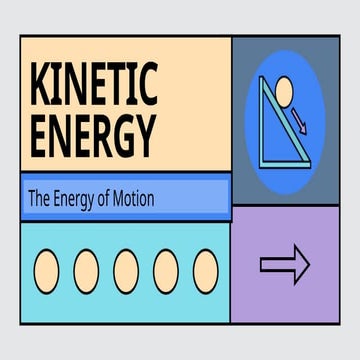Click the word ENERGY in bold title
[94, 133]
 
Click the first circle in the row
[47, 268]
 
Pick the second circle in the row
[87, 268]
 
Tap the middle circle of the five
[126, 268]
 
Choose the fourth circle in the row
[166, 268]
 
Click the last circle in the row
[205, 268]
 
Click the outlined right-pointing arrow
[285, 264]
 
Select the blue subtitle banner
[126, 198]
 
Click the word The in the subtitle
[38, 199]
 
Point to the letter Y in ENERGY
[146, 133]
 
